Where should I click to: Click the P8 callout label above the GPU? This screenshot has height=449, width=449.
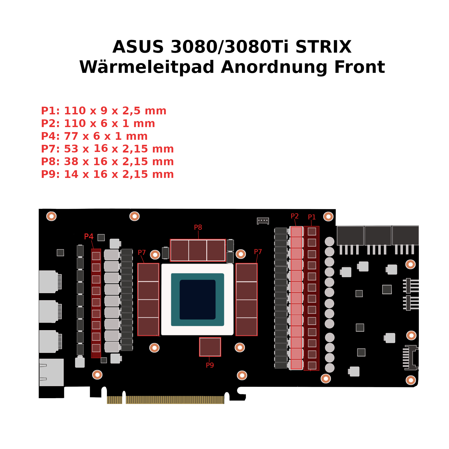tap(198, 227)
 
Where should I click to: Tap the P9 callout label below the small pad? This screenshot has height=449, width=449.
tap(210, 365)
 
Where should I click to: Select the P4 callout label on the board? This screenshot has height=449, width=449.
tap(89, 237)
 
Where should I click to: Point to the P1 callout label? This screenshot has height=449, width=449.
tap(312, 217)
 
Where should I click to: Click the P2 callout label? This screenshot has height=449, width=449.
tap(294, 216)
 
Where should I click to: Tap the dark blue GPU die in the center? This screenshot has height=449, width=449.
tap(197, 299)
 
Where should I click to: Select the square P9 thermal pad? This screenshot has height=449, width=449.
tap(210, 347)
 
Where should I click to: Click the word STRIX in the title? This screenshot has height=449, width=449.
tap(323, 47)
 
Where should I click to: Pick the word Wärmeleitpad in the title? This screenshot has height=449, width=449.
tap(147, 67)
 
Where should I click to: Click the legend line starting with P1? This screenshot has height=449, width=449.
tap(104, 111)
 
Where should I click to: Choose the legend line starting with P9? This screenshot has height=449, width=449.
tap(107, 174)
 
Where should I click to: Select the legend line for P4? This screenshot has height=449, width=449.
tap(94, 136)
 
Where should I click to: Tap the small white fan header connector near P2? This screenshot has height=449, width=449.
tap(263, 221)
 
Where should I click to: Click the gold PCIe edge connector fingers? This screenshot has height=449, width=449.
tap(175, 400)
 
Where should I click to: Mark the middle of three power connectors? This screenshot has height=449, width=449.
tap(378, 236)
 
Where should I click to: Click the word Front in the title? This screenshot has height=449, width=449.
tap(359, 67)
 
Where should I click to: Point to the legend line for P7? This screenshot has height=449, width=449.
tap(107, 149)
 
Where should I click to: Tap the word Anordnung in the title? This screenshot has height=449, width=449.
tap(274, 67)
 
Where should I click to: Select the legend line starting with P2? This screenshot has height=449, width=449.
tap(98, 124)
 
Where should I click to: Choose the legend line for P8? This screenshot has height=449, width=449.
tap(107, 162)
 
